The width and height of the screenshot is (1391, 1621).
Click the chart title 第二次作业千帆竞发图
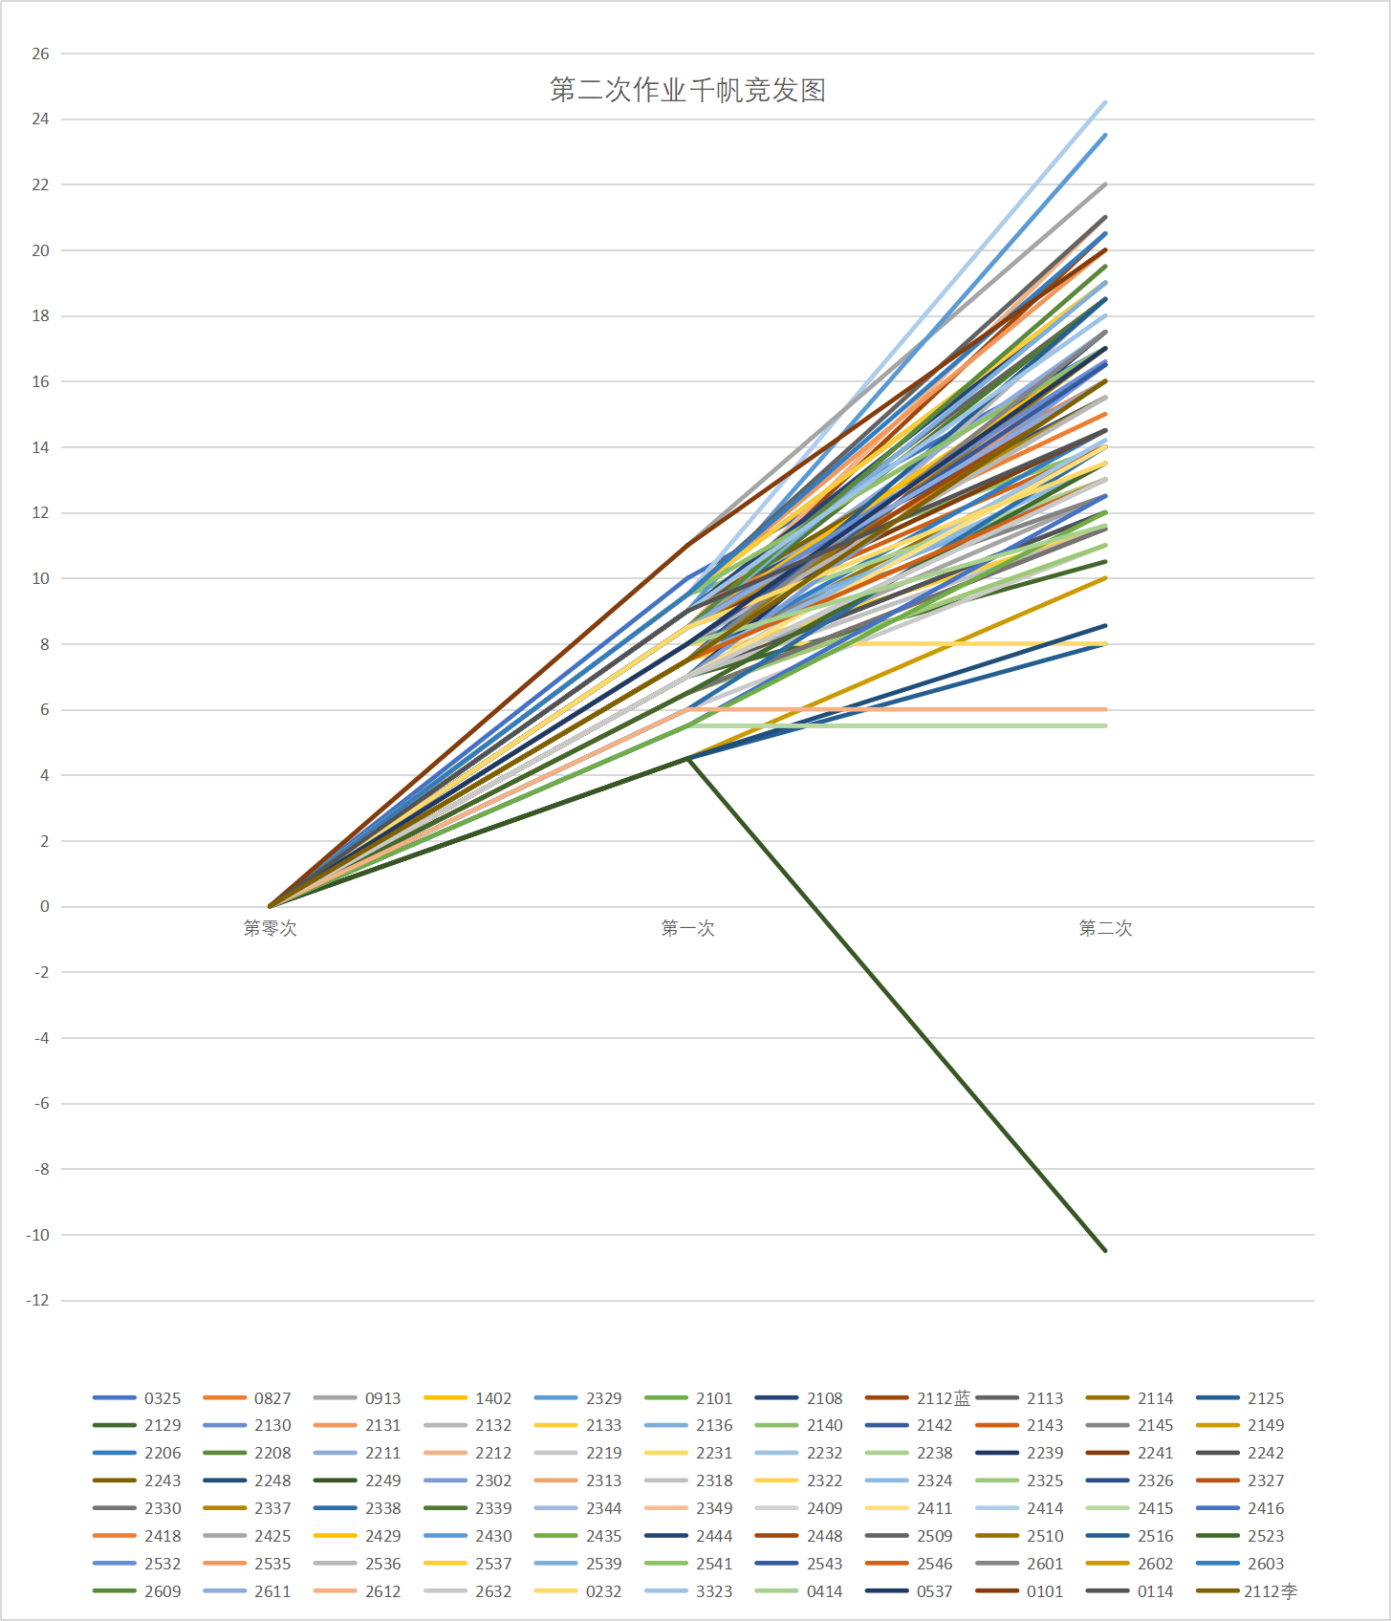point(687,90)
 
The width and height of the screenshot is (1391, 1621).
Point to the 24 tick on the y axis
point(40,119)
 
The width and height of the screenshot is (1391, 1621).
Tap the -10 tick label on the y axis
point(38,1235)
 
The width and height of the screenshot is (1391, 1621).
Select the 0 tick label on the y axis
point(44,907)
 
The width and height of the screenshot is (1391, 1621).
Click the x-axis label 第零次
point(270,928)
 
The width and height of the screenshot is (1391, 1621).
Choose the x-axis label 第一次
point(687,928)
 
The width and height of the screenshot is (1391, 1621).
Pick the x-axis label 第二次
point(1105,928)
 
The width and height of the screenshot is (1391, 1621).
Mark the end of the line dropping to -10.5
point(1105,1250)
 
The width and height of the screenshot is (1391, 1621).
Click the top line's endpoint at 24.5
point(1105,102)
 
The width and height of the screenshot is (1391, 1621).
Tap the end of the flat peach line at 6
point(1105,709)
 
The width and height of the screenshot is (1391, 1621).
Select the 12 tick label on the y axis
point(40,513)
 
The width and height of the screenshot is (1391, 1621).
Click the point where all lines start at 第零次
point(271,906)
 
